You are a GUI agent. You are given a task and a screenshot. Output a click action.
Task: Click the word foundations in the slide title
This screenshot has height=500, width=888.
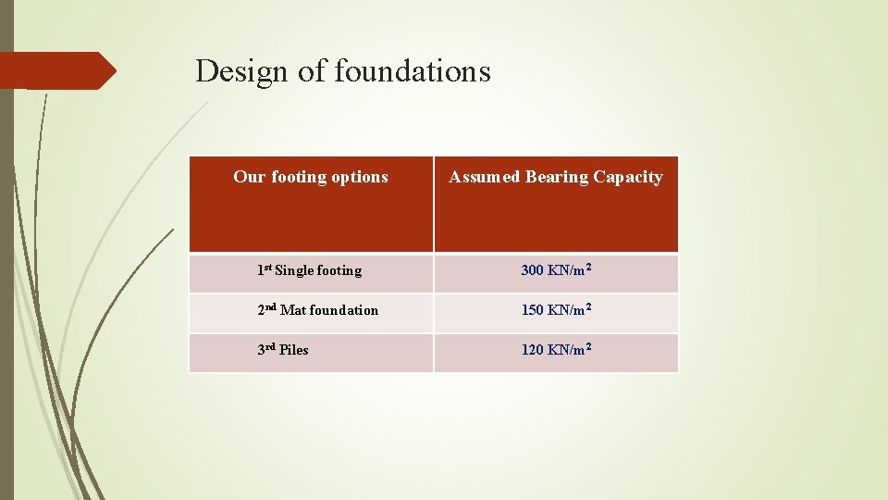pos(412,70)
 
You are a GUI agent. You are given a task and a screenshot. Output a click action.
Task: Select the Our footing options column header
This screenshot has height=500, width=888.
pos(311,177)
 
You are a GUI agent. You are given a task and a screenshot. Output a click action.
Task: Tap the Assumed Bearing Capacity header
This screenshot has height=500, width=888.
pos(556,177)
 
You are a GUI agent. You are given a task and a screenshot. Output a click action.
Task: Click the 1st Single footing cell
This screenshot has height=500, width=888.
pos(310,270)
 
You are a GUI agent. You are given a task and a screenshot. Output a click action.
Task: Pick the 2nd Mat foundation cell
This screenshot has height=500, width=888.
pos(318,310)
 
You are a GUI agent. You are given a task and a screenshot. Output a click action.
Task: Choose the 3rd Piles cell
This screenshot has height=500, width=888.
pos(283,350)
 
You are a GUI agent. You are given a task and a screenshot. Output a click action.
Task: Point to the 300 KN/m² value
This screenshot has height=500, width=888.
pos(556,270)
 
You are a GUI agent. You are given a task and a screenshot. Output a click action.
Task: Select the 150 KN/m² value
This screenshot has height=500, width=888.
pos(556,310)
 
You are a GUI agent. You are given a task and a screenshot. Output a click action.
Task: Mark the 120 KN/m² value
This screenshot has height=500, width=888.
pos(556,350)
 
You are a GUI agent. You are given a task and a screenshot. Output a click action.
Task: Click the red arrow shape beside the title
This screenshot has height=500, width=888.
pos(57,70)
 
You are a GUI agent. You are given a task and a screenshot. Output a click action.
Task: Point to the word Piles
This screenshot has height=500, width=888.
pos(294,350)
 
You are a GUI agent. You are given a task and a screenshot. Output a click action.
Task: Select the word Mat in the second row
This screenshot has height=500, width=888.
pos(291,310)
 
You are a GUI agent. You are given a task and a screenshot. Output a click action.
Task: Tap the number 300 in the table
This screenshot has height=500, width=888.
pos(532,270)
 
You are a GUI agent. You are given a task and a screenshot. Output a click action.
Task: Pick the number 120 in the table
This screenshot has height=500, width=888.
pos(532,350)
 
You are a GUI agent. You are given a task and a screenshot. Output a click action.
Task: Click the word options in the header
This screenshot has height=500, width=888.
pos(360,177)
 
